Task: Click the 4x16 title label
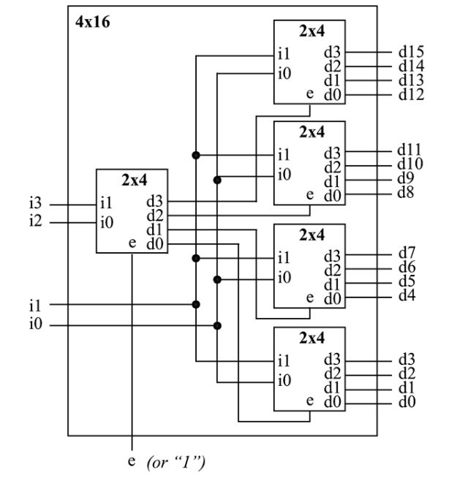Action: pyautogui.click(x=91, y=22)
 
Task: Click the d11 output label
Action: pyautogui.click(x=410, y=153)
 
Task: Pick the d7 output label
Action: pyautogui.click(x=407, y=254)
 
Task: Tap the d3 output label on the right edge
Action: pyautogui.click(x=407, y=359)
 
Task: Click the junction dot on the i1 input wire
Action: pyautogui.click(x=196, y=304)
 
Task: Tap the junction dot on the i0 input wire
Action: pyautogui.click(x=217, y=325)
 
